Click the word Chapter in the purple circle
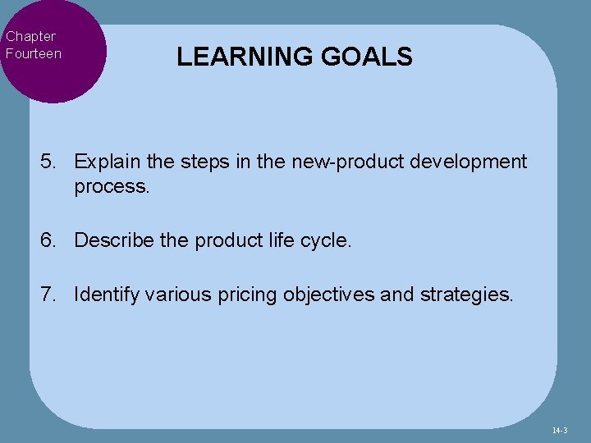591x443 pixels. (30, 36)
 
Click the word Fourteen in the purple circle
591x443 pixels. (34, 53)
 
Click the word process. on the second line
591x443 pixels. (112, 186)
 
